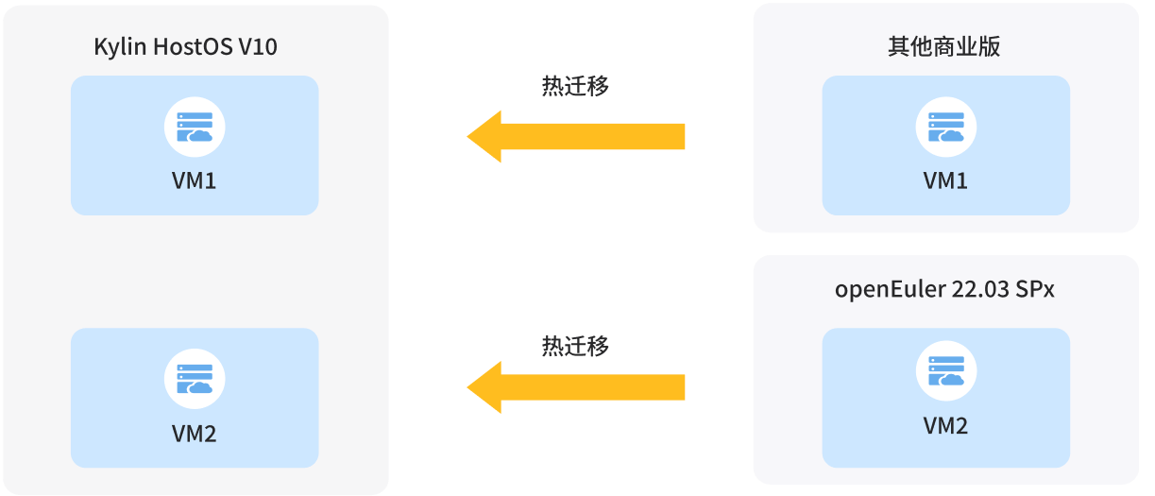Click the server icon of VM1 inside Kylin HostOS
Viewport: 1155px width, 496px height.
point(194,127)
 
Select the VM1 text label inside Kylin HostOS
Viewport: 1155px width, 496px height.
point(194,180)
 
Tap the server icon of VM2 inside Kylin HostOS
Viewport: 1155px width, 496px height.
point(194,379)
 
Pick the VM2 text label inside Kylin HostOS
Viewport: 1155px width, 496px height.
point(194,433)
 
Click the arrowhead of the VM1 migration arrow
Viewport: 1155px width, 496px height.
point(484,136)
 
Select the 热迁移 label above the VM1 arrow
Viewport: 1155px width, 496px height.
point(574,86)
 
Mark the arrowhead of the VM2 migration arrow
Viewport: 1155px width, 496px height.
point(484,386)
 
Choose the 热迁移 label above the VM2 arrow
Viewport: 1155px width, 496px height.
point(574,346)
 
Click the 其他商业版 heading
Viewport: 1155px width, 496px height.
point(943,47)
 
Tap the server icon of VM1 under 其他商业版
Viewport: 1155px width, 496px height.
point(945,127)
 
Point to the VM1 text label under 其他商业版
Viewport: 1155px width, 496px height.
point(945,180)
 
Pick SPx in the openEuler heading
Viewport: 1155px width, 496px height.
point(1035,289)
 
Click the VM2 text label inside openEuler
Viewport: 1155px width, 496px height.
point(945,425)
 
